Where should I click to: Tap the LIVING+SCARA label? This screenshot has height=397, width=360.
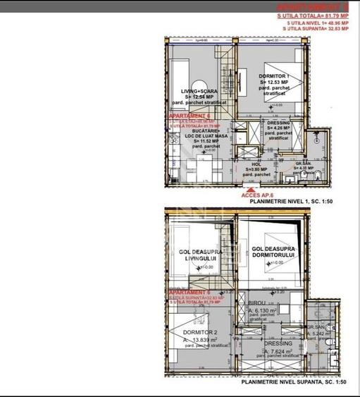198,91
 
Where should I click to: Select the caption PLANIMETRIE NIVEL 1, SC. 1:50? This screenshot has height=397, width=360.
299,201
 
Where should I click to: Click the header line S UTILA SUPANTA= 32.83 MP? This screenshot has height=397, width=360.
317,30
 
